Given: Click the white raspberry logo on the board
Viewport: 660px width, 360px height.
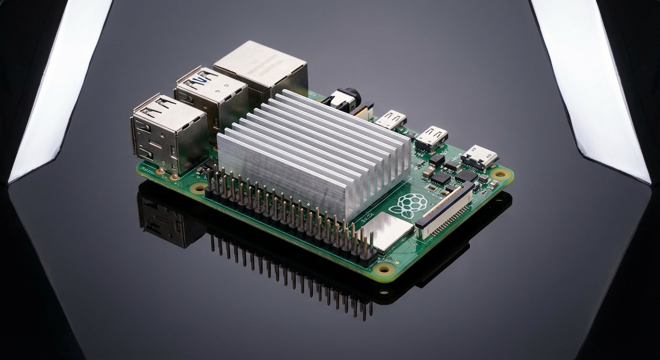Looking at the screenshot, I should click(408, 205).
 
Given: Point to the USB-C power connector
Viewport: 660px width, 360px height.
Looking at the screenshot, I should click(479, 157).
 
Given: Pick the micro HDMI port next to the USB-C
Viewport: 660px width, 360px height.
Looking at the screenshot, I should click(431, 137).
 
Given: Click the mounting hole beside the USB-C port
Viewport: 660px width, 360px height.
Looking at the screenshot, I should click(500, 174).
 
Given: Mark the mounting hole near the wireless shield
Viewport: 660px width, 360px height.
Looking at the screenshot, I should click(385, 269).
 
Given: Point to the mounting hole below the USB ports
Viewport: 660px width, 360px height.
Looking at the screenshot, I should click(198, 188).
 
